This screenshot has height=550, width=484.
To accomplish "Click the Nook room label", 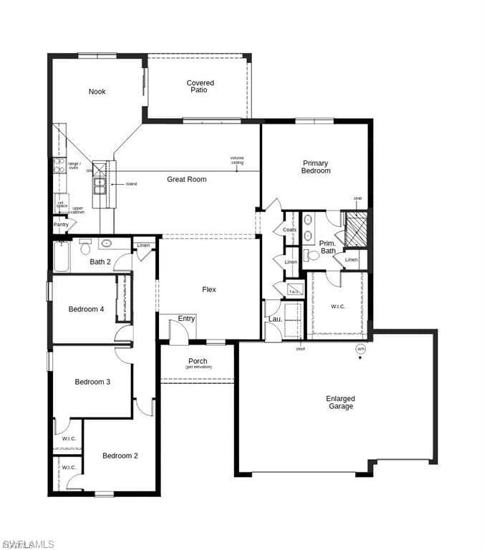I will coord(97,92).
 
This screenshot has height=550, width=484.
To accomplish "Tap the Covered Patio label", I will coord(200,87).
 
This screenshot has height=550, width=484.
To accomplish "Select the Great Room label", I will coord(187,179).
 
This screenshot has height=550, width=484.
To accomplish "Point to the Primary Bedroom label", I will coord(316,167).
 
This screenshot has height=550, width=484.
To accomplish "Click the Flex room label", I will coord(209,289).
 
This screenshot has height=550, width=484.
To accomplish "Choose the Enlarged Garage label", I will coord(340,402).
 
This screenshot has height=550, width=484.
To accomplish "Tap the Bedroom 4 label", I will coord(86,309).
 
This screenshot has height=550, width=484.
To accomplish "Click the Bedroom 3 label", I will coord(92,382).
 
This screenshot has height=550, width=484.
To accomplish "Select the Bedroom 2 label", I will coord(120,455).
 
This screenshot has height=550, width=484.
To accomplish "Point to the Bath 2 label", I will coord(100,261).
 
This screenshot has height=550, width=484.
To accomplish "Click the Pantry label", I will coord(62,225).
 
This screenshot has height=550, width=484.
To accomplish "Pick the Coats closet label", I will coord(290,230).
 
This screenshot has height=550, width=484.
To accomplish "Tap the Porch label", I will coord(198,362).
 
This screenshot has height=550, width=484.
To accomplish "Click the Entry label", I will coord(187,319).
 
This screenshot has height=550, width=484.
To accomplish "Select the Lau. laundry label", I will coord(274,319).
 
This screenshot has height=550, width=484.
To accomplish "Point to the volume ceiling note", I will coord(237,160).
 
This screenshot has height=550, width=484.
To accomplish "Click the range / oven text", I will coord(74,165).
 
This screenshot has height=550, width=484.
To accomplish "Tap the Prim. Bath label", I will coord(327,247).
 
